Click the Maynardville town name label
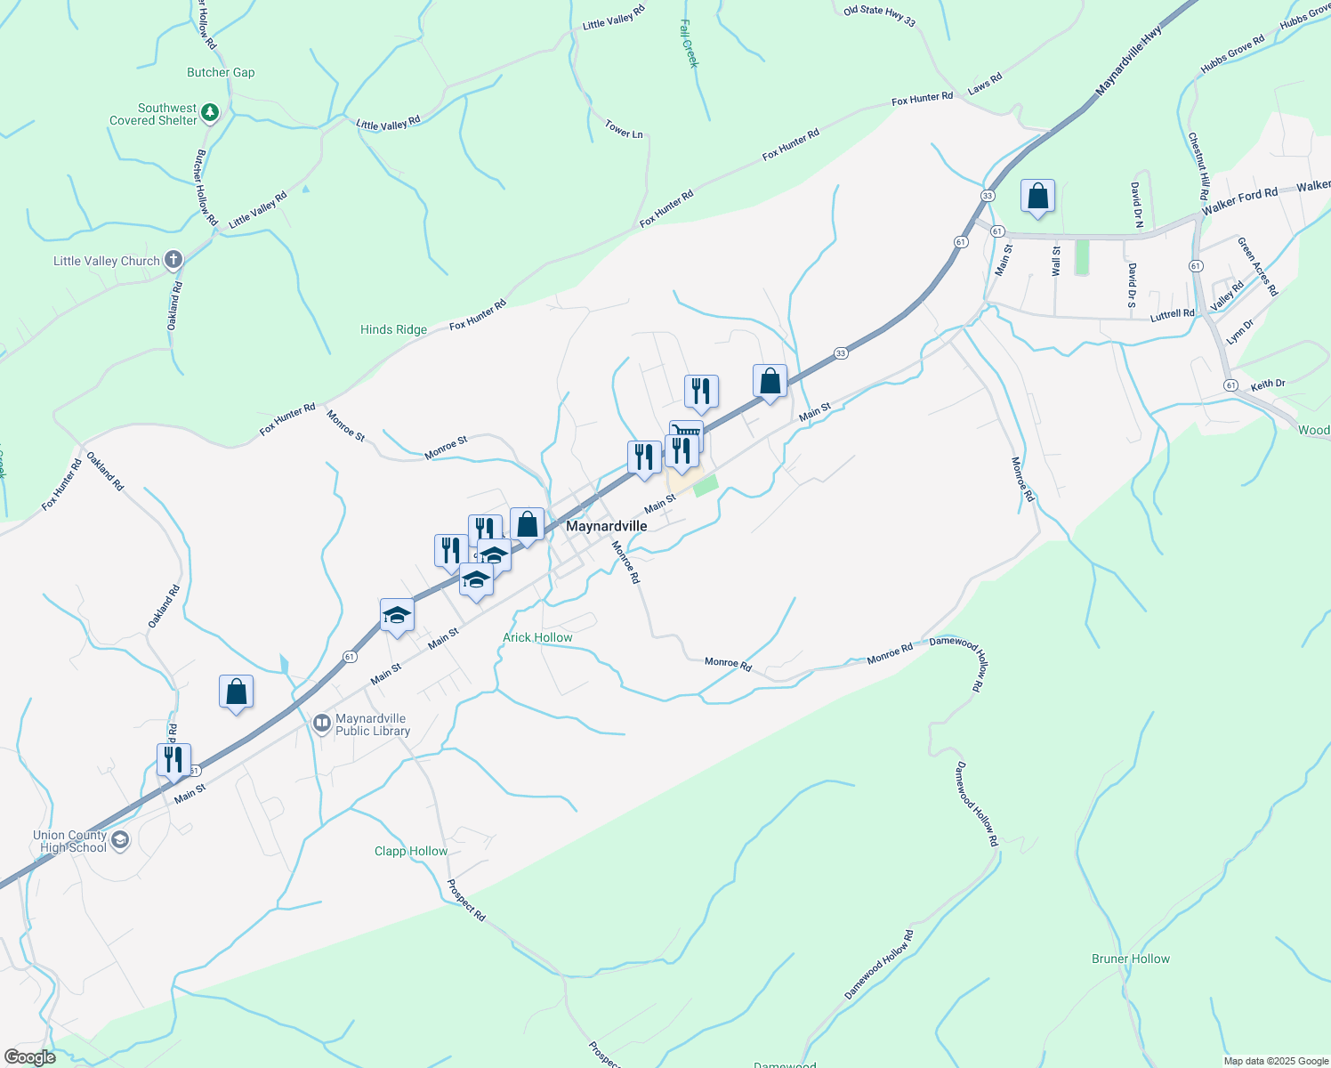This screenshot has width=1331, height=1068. (x=607, y=526)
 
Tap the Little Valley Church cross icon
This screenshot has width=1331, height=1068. (x=173, y=261)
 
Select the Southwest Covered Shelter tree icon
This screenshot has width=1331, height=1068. (x=210, y=113)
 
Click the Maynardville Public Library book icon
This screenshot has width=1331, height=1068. (x=322, y=724)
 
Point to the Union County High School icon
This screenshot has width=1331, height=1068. (x=120, y=840)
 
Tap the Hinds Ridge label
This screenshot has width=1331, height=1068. (x=393, y=329)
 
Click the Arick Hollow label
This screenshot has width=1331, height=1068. (x=537, y=637)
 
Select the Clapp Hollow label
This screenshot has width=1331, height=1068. (x=411, y=851)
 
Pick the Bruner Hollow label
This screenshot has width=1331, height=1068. (x=1130, y=959)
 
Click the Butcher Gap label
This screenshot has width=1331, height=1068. (x=221, y=73)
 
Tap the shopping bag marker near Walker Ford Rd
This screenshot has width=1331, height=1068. (x=1037, y=197)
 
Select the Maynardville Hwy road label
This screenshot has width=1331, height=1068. (x=1129, y=61)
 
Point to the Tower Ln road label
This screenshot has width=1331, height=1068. (x=624, y=129)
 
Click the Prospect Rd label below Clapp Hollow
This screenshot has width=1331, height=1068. (x=466, y=900)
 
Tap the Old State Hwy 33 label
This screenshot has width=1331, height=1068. (x=879, y=15)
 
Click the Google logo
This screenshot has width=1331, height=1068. (x=30, y=1057)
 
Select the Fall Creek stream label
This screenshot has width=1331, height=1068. (x=690, y=44)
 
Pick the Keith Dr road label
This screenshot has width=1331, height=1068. (x=1268, y=384)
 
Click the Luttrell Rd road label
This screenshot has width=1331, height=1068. (x=1172, y=314)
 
